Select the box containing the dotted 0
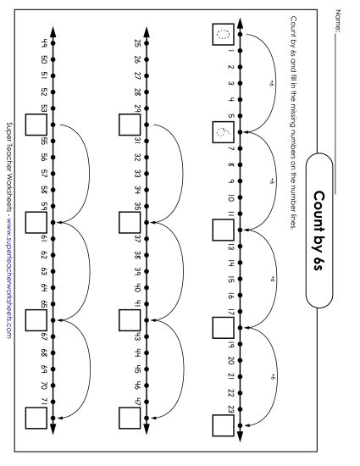pos(223,36)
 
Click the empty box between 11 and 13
pos(223,230)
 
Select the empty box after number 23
pos(223,424)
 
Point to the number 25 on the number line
pos(137,43)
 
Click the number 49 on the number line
pos(43,43)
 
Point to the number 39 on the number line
pos(137,271)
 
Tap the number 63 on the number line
pos(43,271)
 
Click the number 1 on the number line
pos(230,52)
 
